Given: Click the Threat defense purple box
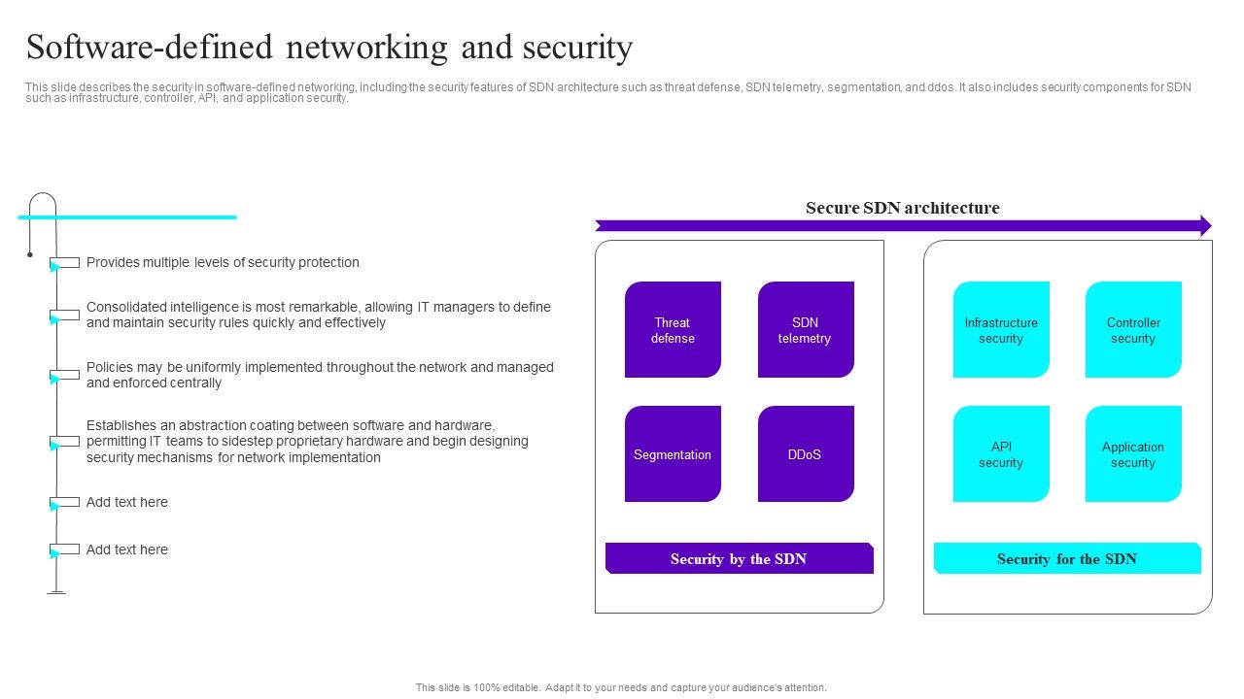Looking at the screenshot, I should pyautogui.click(x=673, y=330).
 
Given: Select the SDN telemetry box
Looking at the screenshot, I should pyautogui.click(x=806, y=330).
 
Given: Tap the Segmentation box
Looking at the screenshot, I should pyautogui.click(x=673, y=454).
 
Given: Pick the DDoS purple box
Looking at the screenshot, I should pyautogui.click(x=806, y=454).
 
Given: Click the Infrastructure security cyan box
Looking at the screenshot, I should pyautogui.click(x=1001, y=330).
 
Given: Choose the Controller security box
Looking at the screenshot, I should pyautogui.click(x=1133, y=330).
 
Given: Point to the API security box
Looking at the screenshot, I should pyautogui.click(x=1001, y=454).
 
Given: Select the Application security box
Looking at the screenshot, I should pyautogui.click(x=1133, y=454).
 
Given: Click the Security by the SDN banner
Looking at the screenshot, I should pyautogui.click(x=739, y=558).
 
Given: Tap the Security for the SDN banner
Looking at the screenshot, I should pyautogui.click(x=1067, y=558).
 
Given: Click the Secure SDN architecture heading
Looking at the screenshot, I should pyautogui.click(x=902, y=208).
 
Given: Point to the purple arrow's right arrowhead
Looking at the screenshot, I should pyautogui.click(x=1205, y=226).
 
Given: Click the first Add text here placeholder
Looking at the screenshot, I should pyautogui.click(x=127, y=502).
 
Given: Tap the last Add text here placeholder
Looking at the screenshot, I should pyautogui.click(x=127, y=549).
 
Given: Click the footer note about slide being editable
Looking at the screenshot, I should pyautogui.click(x=621, y=687).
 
